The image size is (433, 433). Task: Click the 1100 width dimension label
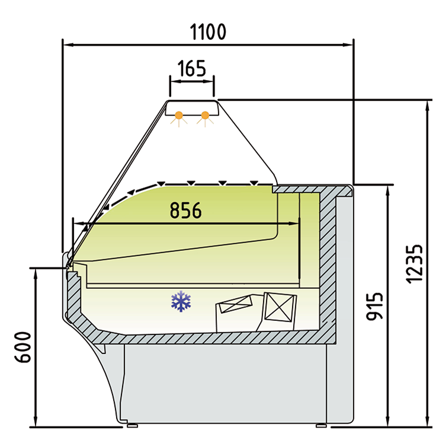coord(208,32)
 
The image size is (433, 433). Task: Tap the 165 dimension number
coord(192,68)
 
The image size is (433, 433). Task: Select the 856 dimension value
coord(185,211)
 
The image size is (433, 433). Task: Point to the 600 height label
coord(23,347)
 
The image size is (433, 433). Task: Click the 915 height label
coord(375,307)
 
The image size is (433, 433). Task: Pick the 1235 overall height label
coord(414,264)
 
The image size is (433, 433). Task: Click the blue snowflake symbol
coord(181,301)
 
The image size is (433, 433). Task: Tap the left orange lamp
coord(179,115)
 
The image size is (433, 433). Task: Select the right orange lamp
coord(205,115)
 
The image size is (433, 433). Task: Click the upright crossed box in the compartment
coord(280,307)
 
